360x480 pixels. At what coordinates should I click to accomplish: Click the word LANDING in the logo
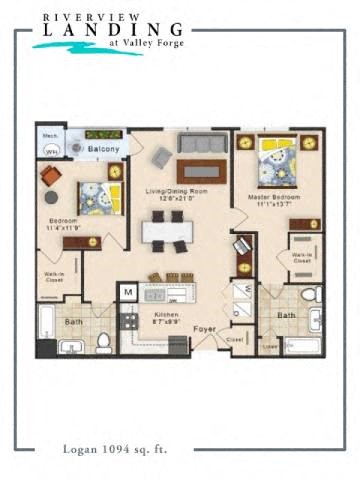(109, 31)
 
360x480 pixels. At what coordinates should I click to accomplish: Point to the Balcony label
(103, 149)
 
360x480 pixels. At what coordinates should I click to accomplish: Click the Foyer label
(205, 327)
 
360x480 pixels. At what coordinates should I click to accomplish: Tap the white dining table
(167, 230)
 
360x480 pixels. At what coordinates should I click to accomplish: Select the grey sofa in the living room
(203, 142)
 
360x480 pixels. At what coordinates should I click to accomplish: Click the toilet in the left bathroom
(103, 342)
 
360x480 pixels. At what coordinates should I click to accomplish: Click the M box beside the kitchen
(128, 291)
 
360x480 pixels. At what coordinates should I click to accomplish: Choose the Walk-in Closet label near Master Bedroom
(301, 258)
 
